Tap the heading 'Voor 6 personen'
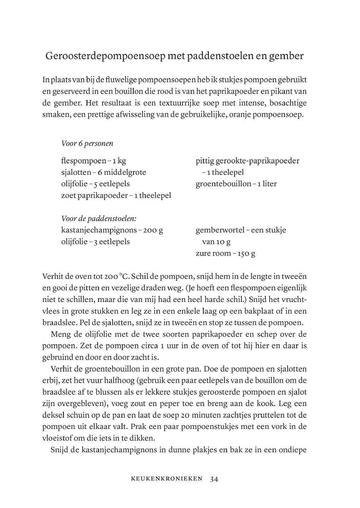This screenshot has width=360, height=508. [x=87, y=144]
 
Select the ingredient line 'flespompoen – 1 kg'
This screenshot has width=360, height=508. [x=94, y=161]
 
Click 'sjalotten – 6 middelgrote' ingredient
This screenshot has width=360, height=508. [x=103, y=172]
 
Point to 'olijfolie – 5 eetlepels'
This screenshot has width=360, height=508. [x=95, y=184]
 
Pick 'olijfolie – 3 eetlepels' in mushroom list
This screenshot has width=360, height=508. [x=95, y=242]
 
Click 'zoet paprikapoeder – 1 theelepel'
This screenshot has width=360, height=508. [x=116, y=195]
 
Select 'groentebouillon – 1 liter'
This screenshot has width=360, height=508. [x=236, y=184]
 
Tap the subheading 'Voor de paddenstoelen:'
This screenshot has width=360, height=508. [x=99, y=218]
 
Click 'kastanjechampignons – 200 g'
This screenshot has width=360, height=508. [x=112, y=230]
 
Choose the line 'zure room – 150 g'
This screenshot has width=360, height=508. [x=225, y=253]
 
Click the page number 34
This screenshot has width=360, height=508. [x=214, y=479]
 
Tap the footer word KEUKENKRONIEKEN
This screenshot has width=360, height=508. [x=167, y=479]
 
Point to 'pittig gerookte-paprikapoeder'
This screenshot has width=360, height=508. [x=247, y=161]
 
